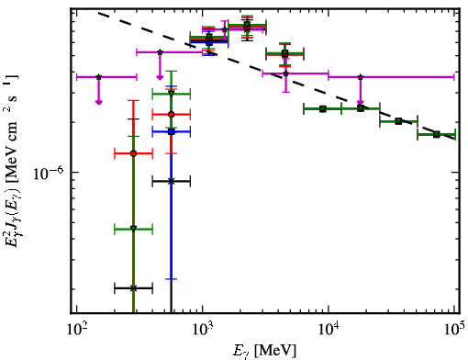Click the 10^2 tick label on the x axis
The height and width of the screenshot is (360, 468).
(76, 330)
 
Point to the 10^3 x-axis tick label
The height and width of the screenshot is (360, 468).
(202, 330)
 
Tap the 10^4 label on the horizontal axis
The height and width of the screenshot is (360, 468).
(329, 330)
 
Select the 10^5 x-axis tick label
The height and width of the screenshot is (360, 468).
(454, 330)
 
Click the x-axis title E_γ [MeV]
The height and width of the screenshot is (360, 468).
(264, 351)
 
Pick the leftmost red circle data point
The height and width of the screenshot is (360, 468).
(133, 153)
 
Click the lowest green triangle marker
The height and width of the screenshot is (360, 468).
(133, 229)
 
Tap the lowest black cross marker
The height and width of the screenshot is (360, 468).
(133, 288)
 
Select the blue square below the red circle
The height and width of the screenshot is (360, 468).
(172, 131)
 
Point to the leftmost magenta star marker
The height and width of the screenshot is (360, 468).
(98, 77)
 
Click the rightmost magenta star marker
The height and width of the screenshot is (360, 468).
(361, 77)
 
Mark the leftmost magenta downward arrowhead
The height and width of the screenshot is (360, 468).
(98, 102)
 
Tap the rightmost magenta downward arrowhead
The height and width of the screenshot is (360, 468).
(361, 103)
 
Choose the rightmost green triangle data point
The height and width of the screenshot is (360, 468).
(437, 134)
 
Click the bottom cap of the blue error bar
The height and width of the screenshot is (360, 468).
(172, 279)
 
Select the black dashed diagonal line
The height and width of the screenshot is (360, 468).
(276, 75)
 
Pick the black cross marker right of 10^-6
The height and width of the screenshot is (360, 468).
(172, 181)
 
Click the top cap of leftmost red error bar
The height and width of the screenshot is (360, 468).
(133, 100)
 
